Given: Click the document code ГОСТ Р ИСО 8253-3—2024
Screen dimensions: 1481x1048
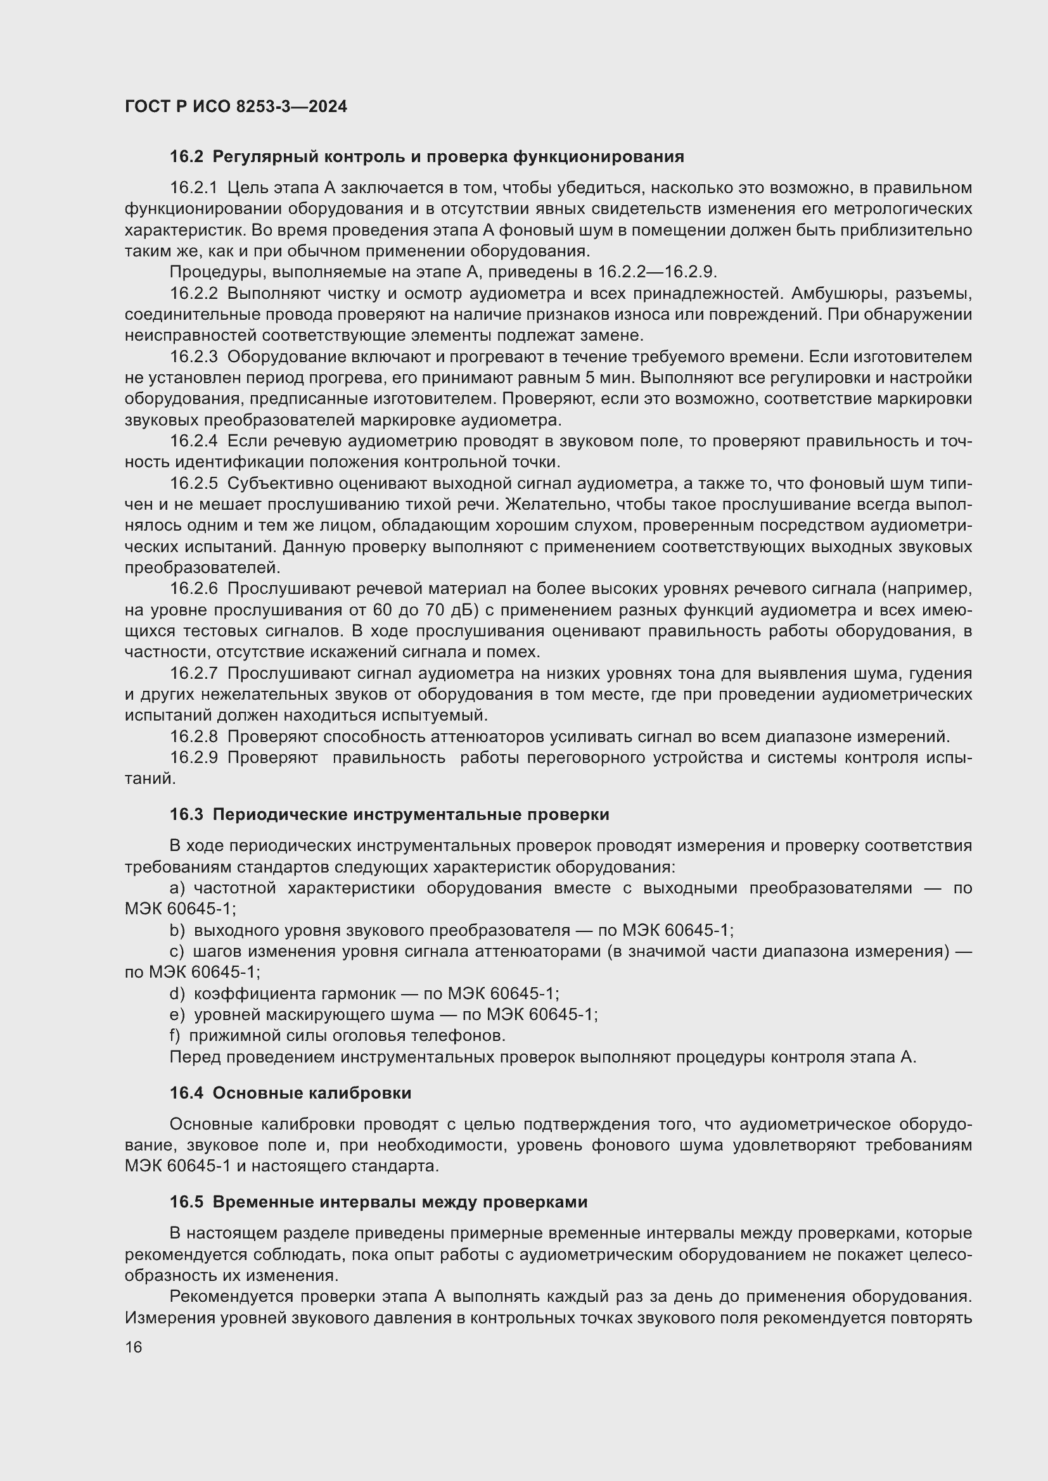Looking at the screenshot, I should click(236, 106).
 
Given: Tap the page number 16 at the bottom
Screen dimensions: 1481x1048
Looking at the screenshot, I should click(134, 1347).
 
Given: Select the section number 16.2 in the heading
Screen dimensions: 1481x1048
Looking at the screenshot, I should click(186, 157).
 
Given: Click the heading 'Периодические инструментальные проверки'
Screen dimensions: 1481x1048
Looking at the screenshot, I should click(411, 815).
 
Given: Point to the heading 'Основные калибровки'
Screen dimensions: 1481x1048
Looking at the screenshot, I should click(312, 1093).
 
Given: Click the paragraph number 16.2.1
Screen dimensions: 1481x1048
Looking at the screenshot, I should click(194, 187).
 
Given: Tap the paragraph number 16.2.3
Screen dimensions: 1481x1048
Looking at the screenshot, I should click(194, 356).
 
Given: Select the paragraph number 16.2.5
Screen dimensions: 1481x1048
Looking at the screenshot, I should click(194, 484).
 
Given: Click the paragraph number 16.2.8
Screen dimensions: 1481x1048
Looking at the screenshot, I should click(194, 736).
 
